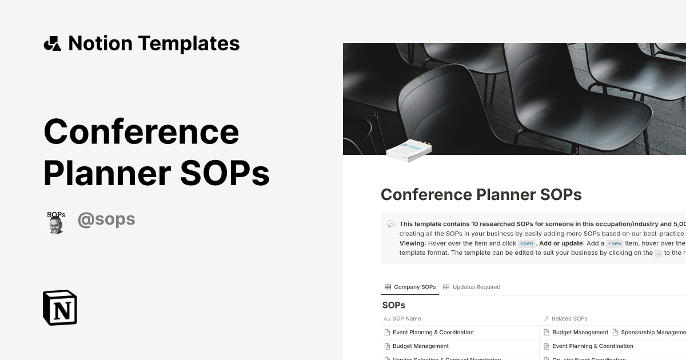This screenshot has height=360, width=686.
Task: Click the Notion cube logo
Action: [x=60, y=307]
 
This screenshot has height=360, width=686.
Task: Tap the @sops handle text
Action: [x=106, y=219]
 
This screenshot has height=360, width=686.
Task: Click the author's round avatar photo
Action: [x=56, y=222]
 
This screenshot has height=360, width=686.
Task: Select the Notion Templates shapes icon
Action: [x=52, y=43]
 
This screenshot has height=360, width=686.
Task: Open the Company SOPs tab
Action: [x=410, y=287]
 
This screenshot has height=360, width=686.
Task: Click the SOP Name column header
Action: [x=406, y=318]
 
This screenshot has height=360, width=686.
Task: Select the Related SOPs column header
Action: [x=569, y=318]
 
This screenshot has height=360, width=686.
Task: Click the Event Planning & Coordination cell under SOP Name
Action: [x=433, y=332]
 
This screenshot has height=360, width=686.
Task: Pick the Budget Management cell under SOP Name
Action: [x=420, y=346]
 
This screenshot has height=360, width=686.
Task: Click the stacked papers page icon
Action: [x=409, y=150]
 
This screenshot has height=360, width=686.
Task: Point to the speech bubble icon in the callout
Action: [x=391, y=224]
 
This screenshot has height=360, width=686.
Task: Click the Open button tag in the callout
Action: [x=527, y=243]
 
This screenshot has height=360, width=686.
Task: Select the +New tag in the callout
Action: [x=615, y=243]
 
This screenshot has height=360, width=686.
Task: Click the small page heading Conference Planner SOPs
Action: [x=481, y=195]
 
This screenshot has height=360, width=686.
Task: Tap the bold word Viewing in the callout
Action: [x=412, y=243]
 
